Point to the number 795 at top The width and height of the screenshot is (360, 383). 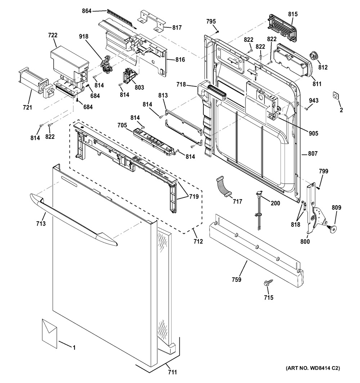(x=211, y=22)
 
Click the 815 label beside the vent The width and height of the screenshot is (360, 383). (x=293, y=14)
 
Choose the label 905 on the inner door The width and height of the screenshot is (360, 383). (x=313, y=134)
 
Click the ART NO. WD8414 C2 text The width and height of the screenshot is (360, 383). (x=312, y=368)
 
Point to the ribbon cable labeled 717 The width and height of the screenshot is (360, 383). (x=223, y=187)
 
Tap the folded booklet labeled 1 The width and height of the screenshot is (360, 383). (x=49, y=333)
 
